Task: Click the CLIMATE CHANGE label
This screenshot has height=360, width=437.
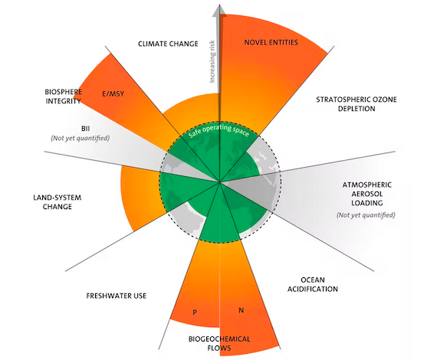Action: point(168,44)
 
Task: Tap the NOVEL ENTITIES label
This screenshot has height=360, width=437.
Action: point(271,42)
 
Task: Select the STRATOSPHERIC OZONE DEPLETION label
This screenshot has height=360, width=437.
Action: point(356,104)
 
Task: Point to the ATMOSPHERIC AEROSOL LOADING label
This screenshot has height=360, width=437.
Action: point(366,194)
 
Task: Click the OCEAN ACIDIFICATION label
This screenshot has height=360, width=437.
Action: point(313,284)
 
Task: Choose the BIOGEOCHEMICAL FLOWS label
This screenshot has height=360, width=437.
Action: point(219,343)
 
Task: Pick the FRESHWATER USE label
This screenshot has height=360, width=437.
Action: point(117,296)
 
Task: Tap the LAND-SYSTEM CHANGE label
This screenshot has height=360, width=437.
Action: point(58,202)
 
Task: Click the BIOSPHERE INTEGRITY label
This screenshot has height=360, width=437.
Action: point(64,97)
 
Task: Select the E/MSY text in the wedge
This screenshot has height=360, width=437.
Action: point(113,93)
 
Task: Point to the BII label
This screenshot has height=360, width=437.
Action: point(85,129)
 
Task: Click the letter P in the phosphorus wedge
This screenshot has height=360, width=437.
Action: point(195,312)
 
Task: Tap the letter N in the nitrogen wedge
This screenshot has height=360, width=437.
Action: point(242,310)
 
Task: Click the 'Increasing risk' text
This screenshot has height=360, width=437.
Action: point(212,61)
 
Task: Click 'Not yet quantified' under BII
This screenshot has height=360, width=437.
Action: point(80,138)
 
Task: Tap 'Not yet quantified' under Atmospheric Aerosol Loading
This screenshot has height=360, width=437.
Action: point(366,215)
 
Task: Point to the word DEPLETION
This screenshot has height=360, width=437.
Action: point(356,108)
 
